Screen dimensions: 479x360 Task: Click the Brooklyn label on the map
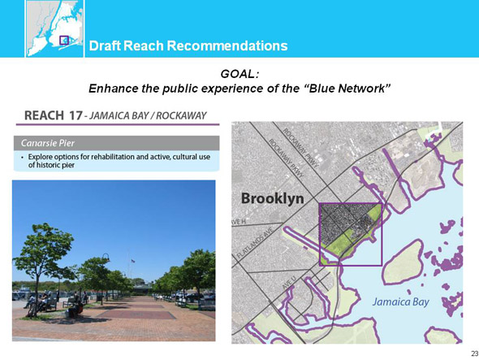pos(273,199)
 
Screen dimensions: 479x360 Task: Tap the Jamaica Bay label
pos(401,301)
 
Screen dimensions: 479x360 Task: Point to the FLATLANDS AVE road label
pos(256,242)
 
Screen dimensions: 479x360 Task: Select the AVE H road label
pos(239,222)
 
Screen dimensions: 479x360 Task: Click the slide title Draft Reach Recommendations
pos(188,46)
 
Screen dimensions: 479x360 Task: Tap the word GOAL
pos(239,74)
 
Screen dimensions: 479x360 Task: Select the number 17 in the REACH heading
pos(76,115)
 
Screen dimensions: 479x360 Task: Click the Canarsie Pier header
pos(48,143)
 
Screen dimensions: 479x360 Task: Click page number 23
pos(475,353)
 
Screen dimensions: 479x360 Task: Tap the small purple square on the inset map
pos(64,40)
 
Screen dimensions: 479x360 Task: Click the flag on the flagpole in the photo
pos(132,261)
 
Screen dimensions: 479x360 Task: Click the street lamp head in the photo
pos(106,257)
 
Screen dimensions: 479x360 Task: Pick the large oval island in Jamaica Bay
pos(403,262)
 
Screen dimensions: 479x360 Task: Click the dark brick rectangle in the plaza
pos(136,314)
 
